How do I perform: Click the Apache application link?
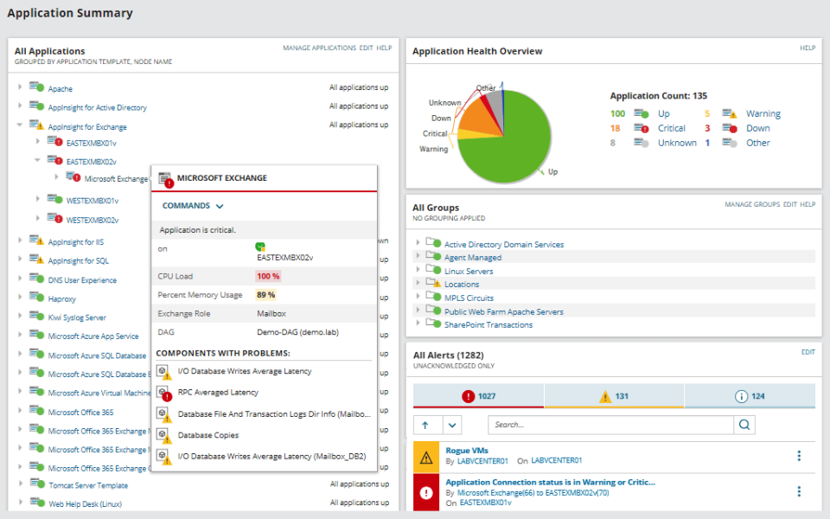[60, 89]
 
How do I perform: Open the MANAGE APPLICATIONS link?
[319, 48]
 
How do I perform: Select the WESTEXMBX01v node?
[92, 201]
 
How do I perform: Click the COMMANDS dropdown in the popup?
[193, 206]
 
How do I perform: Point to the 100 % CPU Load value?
[268, 276]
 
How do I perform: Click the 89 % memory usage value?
[265, 295]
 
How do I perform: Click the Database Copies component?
[207, 435]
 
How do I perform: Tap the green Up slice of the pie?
[506, 143]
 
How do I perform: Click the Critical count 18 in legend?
[615, 128]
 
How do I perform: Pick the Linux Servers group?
[469, 272]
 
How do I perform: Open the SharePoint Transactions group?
[488, 325]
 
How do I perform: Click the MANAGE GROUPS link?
[751, 205]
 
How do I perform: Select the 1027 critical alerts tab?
[478, 396]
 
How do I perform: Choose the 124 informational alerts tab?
[750, 396]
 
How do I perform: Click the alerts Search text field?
[610, 425]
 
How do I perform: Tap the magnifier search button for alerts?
[744, 425]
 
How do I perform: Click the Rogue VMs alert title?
[466, 450]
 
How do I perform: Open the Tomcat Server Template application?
[87, 485]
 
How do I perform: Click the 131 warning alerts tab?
[614, 396]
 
